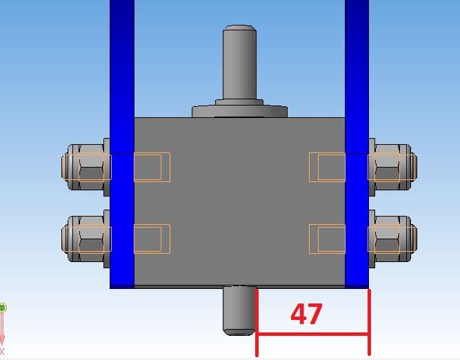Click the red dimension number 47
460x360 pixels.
click(x=306, y=314)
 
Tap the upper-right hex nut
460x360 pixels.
click(x=393, y=167)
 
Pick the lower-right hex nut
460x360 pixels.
click(x=393, y=239)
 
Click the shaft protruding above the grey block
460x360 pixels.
click(x=239, y=63)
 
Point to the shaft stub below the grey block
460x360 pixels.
click(x=239, y=311)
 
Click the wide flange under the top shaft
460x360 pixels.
click(x=240, y=112)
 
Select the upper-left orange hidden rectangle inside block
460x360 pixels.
click(x=152, y=167)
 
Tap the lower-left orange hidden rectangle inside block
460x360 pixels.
click(x=152, y=239)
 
